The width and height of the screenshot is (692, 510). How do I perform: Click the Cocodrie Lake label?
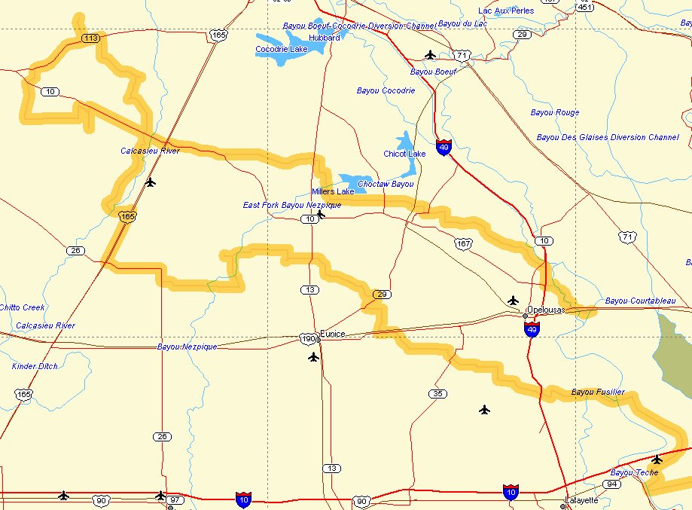coord(281,50)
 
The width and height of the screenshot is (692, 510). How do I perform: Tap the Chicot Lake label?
coord(404,154)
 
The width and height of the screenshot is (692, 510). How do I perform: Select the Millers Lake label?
coord(333,192)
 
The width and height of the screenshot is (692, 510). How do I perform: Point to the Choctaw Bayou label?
coord(386,184)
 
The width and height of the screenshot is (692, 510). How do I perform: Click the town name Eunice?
coord(332,334)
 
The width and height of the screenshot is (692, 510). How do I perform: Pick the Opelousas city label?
coord(546,310)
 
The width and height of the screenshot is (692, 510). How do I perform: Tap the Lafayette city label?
coord(581,500)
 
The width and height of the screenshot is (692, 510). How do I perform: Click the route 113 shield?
coord(91,38)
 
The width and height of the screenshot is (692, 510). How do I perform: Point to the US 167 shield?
coord(463,243)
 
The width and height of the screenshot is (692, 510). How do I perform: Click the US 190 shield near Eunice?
coord(309,339)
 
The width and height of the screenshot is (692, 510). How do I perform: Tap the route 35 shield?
coord(437,393)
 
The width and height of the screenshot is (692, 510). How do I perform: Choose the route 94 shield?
coord(611,484)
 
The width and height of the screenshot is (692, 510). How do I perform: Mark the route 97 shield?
coord(175,500)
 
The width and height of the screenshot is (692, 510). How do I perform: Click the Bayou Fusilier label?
coord(597,392)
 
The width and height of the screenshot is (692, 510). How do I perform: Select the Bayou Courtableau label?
coord(640,301)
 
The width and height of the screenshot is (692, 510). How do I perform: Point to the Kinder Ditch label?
coord(35,366)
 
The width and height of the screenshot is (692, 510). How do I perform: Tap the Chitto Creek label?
coord(23,307)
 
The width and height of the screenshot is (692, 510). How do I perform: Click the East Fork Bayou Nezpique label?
coord(292,205)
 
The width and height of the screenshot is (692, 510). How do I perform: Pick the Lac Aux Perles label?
coord(506,11)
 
